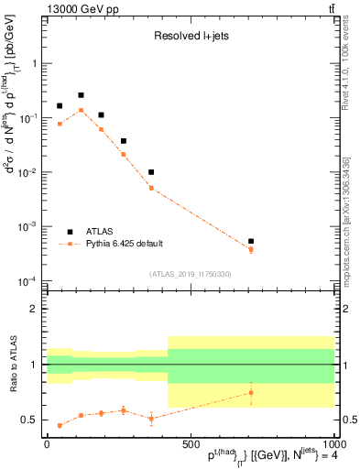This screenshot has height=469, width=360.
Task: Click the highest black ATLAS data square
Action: point(81,95)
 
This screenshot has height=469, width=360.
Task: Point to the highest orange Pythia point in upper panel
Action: point(81,110)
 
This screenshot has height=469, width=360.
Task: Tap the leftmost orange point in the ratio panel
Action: point(60,425)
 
